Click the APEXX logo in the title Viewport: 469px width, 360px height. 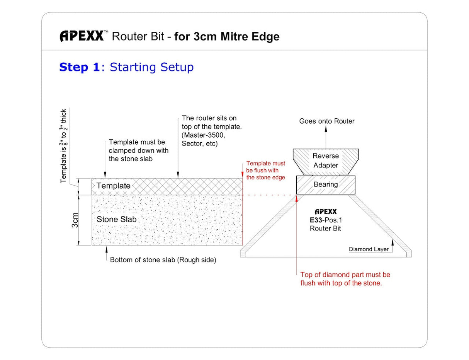coord(82,36)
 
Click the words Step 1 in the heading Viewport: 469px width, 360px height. coord(79,67)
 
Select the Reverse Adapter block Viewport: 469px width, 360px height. coord(325,160)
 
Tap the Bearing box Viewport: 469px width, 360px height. coord(325,185)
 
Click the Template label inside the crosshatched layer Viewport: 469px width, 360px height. coord(113,186)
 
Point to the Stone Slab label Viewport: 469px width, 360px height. coord(116,219)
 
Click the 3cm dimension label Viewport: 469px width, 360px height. coord(75,220)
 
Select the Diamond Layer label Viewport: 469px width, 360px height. coord(369,249)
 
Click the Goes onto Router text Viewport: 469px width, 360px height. coord(326,121)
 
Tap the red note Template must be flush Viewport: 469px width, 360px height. coord(265,171)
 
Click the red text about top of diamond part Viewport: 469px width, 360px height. coord(345,279)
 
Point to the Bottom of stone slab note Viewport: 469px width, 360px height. coord(163,260)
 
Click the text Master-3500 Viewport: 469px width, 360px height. coord(204,135)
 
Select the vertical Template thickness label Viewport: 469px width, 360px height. coord(64,146)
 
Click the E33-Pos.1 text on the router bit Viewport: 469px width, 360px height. coord(325,220)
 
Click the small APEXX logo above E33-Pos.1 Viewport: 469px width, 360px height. coord(325,212)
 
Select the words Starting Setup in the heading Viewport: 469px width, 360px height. coord(151,67)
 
